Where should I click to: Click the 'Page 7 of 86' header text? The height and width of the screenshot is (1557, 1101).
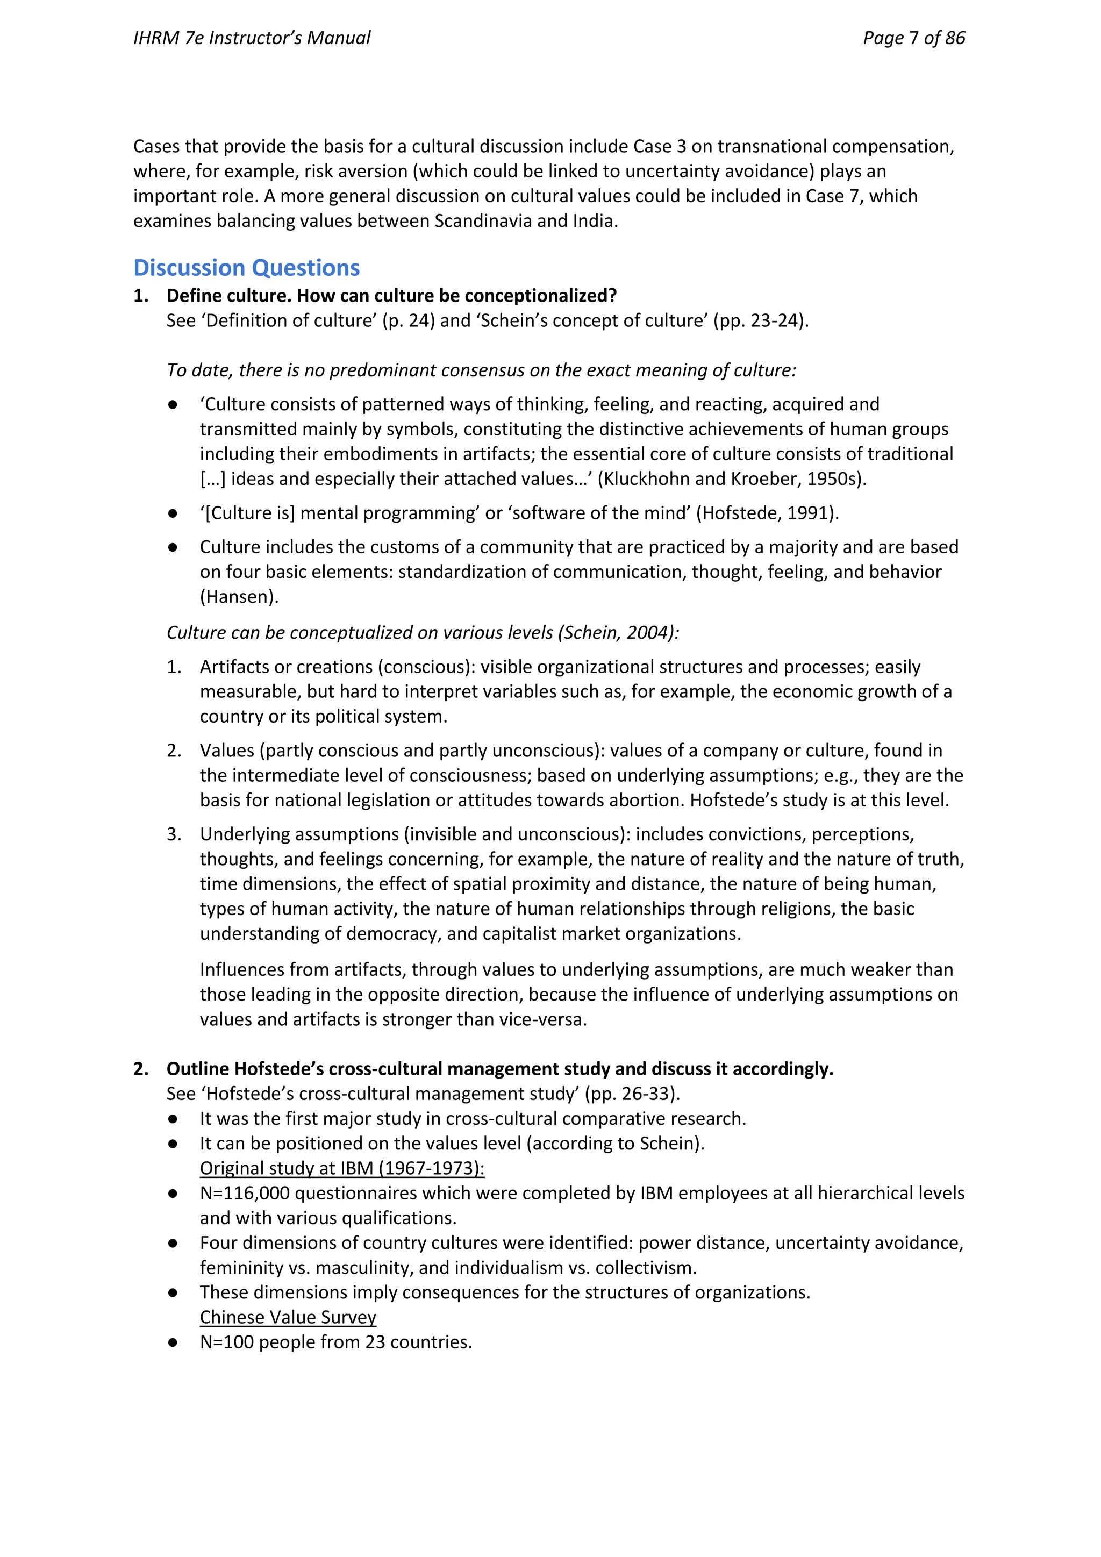(x=913, y=38)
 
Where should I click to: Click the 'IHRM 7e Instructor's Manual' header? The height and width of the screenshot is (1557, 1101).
(x=252, y=38)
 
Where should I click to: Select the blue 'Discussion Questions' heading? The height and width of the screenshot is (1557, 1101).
(x=246, y=268)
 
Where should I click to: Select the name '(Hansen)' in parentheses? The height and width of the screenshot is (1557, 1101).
(x=239, y=597)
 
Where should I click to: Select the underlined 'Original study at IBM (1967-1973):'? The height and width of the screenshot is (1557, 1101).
(x=342, y=1168)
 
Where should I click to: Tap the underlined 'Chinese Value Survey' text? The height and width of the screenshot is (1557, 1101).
(x=288, y=1317)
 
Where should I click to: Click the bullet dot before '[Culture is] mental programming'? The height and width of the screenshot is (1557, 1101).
(x=173, y=513)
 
